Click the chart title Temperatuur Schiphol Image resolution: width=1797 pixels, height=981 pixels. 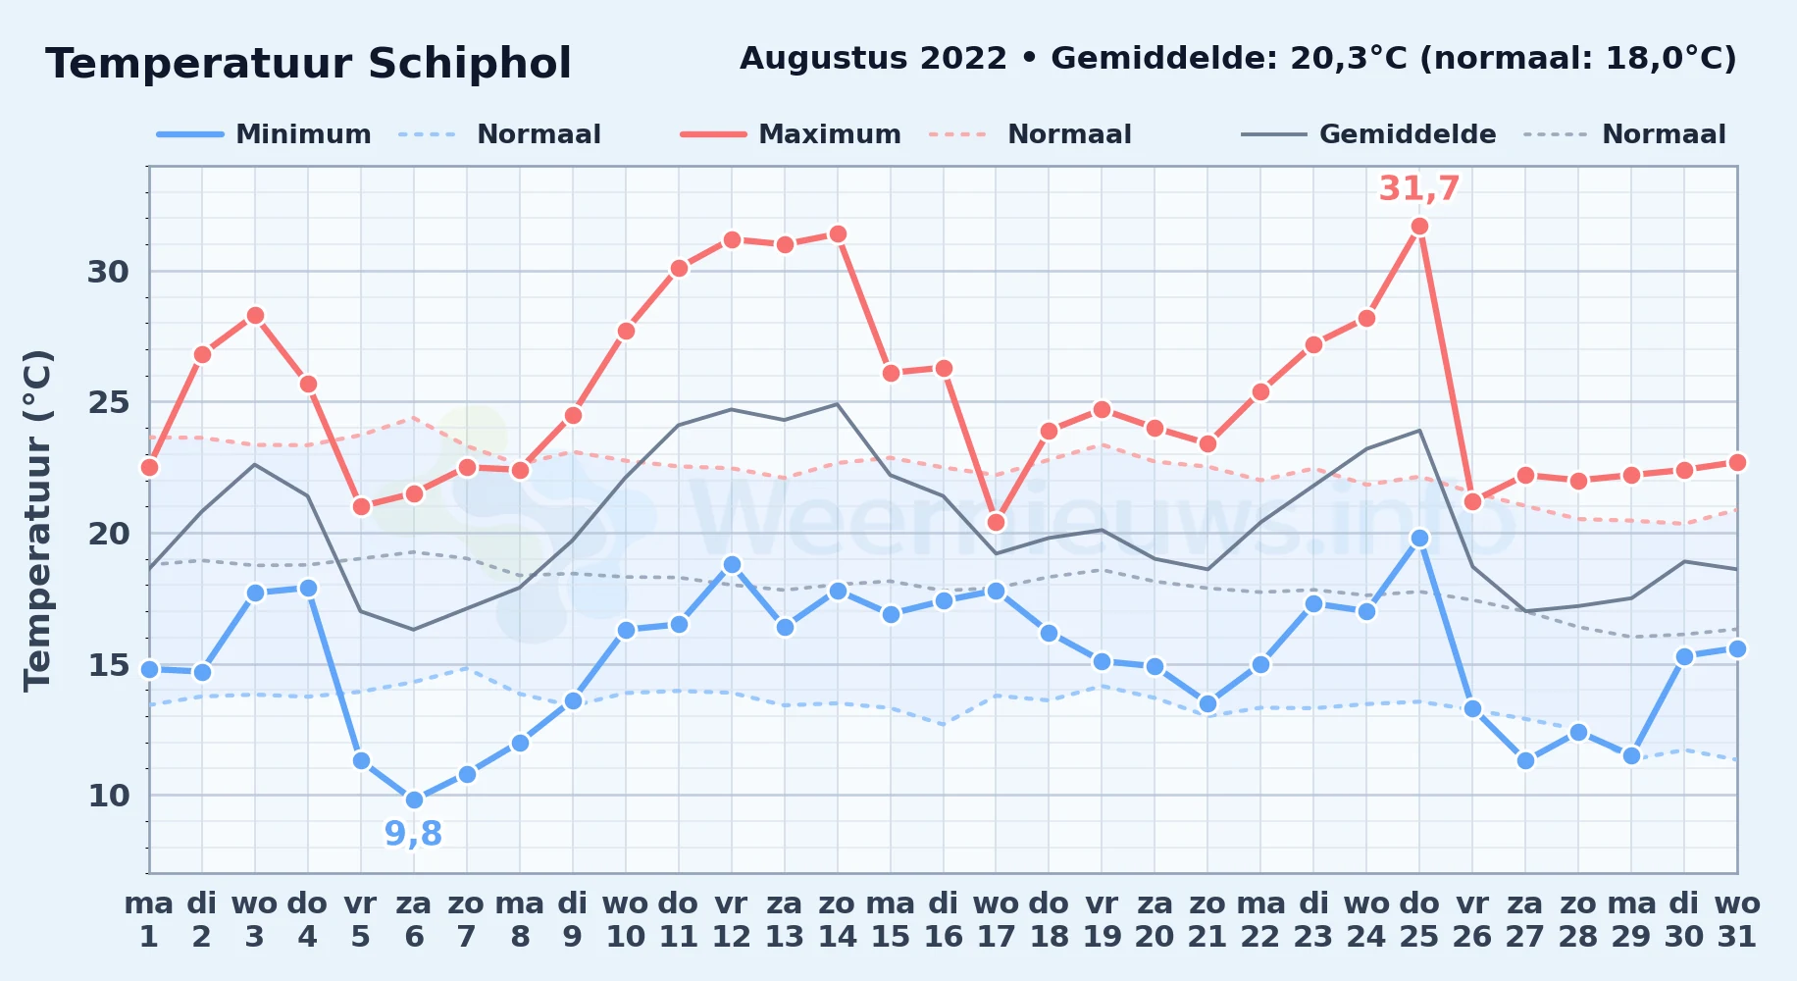click(x=308, y=64)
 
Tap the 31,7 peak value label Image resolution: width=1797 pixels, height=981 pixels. click(x=1419, y=188)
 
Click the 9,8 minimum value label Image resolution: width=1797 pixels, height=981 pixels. click(x=413, y=834)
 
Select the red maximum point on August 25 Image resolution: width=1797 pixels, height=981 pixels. click(x=1419, y=227)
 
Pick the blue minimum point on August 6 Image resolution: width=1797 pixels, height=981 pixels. click(x=414, y=800)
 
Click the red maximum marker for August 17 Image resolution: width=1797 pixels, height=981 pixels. click(x=996, y=522)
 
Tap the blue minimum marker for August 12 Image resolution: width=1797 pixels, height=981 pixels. click(x=732, y=564)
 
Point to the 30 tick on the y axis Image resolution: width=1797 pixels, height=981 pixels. click(x=109, y=272)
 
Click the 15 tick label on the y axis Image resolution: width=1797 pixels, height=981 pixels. click(x=109, y=665)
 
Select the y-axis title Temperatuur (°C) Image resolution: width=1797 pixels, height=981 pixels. click(x=37, y=520)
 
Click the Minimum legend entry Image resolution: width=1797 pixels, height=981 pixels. click(x=265, y=134)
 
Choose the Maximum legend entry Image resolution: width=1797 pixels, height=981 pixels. click(x=791, y=134)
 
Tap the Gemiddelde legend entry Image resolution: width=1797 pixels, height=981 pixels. click(x=1369, y=134)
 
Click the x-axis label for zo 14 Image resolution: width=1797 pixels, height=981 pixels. click(x=838, y=919)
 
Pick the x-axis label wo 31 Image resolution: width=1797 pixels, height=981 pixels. click(x=1737, y=919)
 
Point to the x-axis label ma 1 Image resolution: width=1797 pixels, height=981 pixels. click(x=149, y=919)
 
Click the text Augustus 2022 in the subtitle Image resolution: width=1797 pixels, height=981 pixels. click(x=873, y=59)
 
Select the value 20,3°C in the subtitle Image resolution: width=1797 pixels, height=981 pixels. click(x=1349, y=59)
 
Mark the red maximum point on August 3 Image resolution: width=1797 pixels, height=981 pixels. click(x=255, y=316)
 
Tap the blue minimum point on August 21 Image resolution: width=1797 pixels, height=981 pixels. click(x=1207, y=703)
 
